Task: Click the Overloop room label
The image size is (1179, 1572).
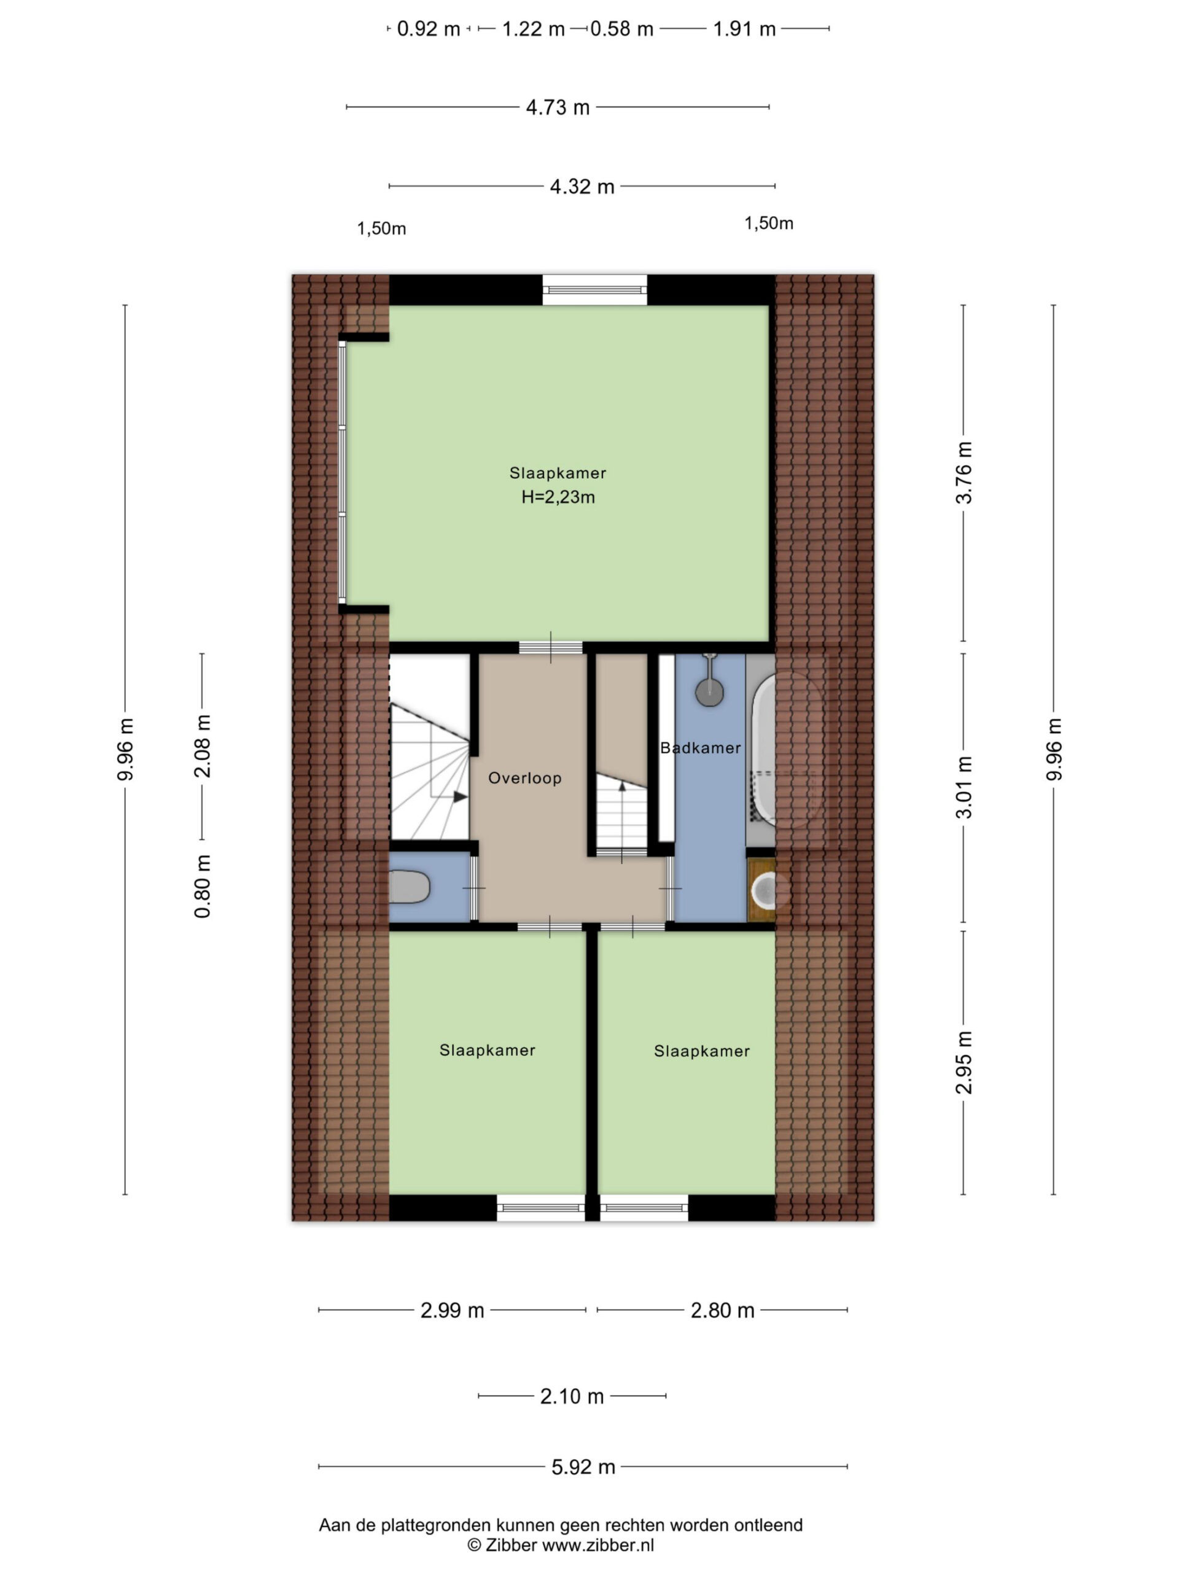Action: (524, 778)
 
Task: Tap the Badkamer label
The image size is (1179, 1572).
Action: (700, 748)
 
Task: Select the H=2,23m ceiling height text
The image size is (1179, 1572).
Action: (558, 497)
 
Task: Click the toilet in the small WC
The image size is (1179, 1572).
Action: (410, 887)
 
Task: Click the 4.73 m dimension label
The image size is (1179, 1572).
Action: (558, 107)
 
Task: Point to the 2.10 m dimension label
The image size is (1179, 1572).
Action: (572, 1396)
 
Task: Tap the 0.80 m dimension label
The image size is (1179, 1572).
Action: (203, 886)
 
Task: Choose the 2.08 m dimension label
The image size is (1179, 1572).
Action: (203, 745)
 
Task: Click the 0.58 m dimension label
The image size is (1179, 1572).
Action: (622, 29)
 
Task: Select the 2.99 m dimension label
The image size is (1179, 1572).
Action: (452, 1310)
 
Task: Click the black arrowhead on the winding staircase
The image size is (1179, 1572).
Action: (461, 798)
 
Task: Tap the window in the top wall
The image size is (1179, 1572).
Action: (595, 290)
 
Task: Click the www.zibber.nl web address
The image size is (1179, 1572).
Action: (597, 1544)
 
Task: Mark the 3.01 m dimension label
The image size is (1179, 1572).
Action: (963, 787)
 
